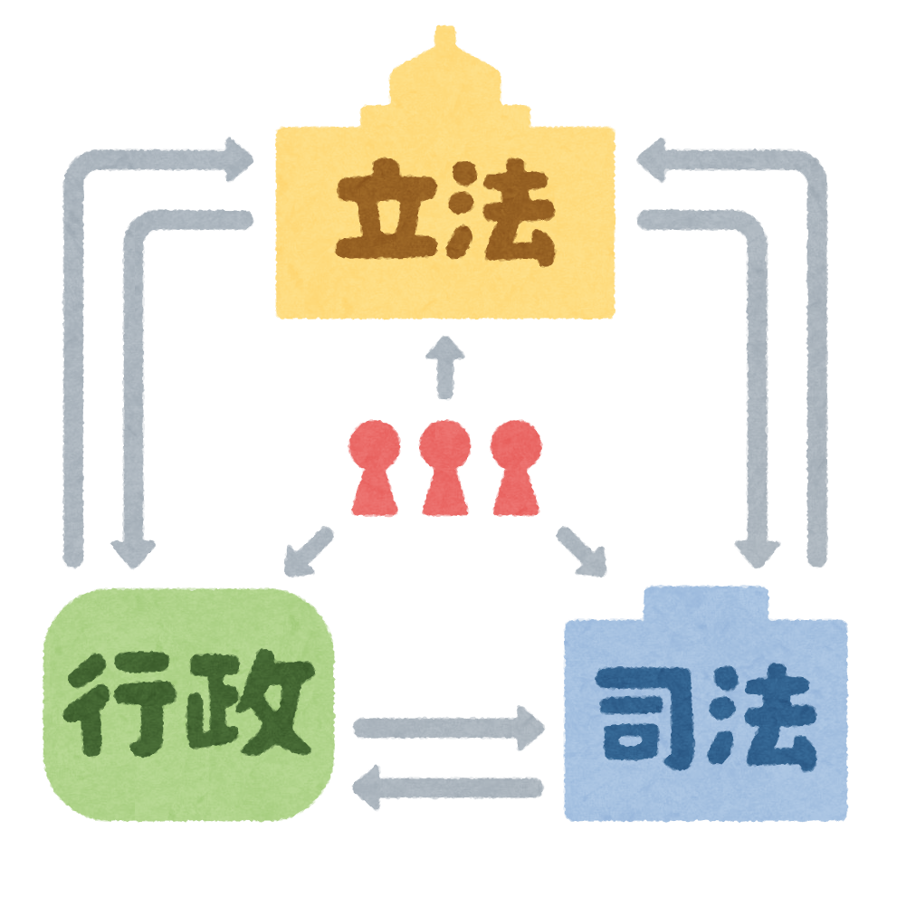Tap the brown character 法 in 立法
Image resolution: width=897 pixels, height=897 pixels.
(x=501, y=213)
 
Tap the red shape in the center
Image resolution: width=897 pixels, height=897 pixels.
(x=444, y=489)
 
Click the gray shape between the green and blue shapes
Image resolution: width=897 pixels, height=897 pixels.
(x=444, y=724)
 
